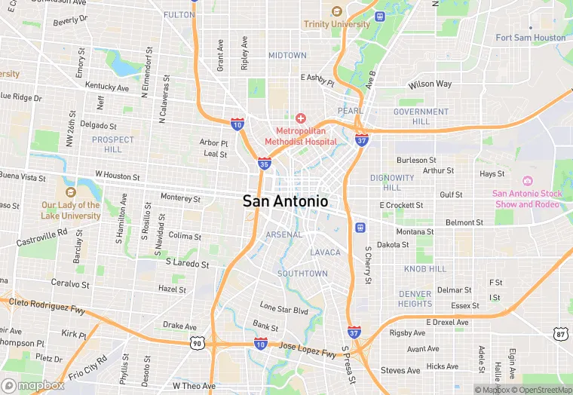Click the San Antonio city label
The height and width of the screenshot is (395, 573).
(x=285, y=201)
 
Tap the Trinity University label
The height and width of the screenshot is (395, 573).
(x=337, y=24)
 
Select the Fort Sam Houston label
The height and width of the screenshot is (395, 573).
(x=531, y=38)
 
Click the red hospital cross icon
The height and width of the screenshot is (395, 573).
(x=301, y=118)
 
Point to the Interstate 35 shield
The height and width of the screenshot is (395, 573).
(x=264, y=162)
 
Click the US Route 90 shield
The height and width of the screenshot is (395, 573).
(x=196, y=343)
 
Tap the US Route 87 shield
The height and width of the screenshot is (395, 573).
(x=559, y=333)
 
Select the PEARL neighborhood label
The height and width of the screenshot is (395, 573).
(x=350, y=110)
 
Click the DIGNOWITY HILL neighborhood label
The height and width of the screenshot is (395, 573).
(x=391, y=182)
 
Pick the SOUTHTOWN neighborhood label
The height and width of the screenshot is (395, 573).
(x=302, y=273)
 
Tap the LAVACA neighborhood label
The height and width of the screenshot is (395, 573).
(x=326, y=252)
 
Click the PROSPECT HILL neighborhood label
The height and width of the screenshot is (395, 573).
(x=112, y=144)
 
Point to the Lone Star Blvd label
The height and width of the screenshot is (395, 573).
(x=284, y=310)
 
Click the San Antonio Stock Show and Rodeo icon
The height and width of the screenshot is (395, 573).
(x=527, y=180)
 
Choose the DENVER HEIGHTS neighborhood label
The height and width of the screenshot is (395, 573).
(x=415, y=299)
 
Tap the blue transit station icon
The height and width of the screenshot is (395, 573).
(x=360, y=228)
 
